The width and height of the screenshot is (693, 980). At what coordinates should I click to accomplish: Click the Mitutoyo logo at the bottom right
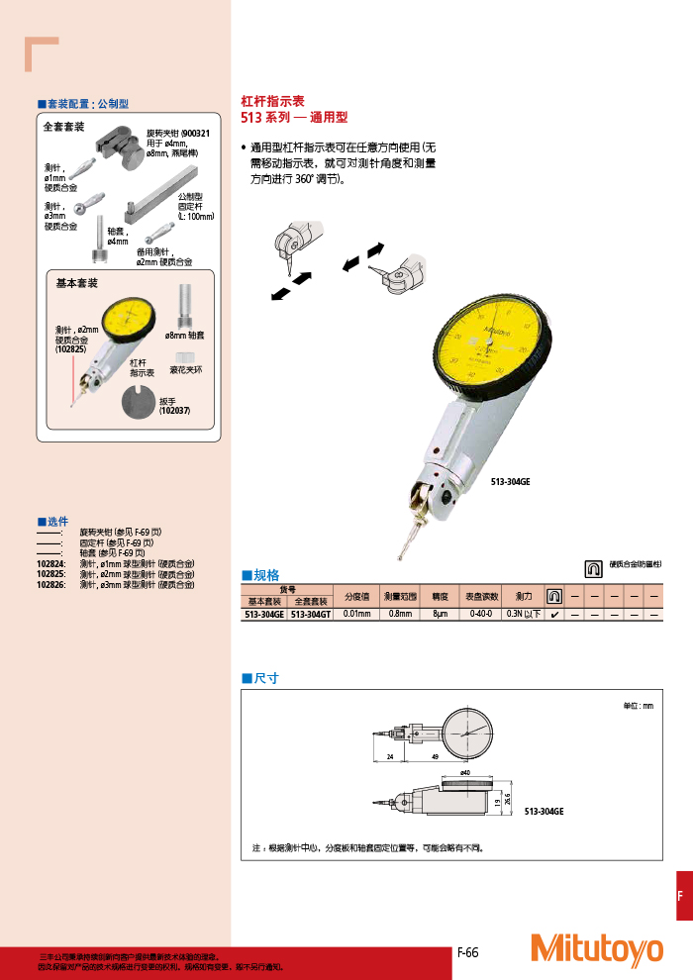point(596,948)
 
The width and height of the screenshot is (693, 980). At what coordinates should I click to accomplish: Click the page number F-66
point(467,952)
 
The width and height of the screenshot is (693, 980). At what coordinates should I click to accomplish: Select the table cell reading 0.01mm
point(356,614)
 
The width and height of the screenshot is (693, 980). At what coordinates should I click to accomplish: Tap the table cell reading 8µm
point(440,614)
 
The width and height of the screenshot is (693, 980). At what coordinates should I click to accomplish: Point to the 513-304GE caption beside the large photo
point(511,482)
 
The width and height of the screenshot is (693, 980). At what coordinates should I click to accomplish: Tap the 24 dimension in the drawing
point(391,757)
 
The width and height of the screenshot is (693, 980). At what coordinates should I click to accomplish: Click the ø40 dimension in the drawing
point(465,772)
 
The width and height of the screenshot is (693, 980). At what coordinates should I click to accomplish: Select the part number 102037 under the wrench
point(175,411)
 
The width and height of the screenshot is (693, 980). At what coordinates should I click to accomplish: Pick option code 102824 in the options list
point(50,564)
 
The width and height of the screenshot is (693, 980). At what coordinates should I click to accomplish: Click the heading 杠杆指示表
point(273,101)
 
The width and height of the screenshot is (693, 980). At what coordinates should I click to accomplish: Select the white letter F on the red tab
point(680,896)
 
